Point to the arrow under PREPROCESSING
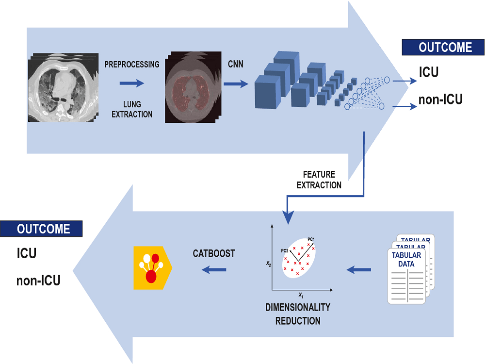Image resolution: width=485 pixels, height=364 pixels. pyautogui.click(x=132, y=83)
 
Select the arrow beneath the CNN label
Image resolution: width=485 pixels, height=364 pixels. pyautogui.click(x=236, y=84)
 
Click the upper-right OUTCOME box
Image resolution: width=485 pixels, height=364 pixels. pyautogui.click(x=443, y=48)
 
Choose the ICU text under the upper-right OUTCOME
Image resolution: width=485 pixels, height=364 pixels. pyautogui.click(x=429, y=72)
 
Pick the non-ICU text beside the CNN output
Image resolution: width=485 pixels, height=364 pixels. pyautogui.click(x=440, y=100)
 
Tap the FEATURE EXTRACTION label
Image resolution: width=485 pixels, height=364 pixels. pyautogui.click(x=319, y=180)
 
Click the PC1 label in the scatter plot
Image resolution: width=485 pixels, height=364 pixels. pyautogui.click(x=311, y=239)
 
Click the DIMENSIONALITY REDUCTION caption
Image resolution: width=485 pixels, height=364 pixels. pyautogui.click(x=298, y=314)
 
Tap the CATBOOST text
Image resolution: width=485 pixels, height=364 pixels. pyautogui.click(x=214, y=253)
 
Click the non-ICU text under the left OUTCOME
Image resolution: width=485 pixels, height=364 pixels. pyautogui.click(x=38, y=280)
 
